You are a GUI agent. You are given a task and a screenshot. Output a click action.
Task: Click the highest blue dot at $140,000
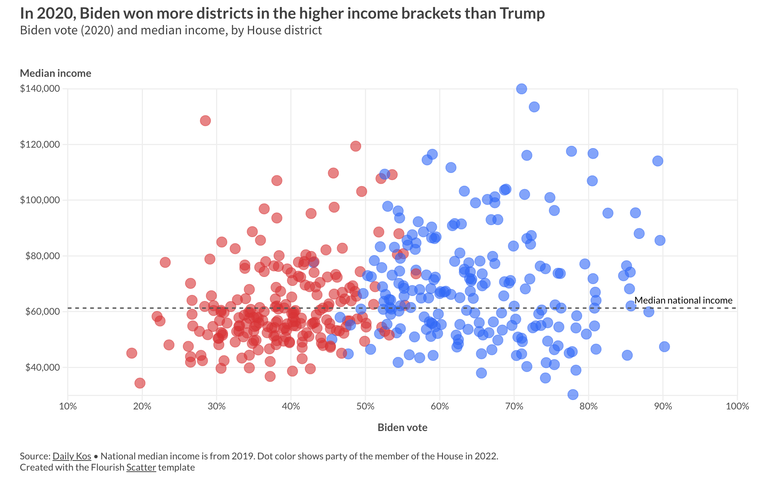coord(521,89)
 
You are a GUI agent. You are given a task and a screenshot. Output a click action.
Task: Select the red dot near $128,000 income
coord(205,120)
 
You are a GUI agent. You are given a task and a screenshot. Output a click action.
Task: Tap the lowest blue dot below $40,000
coord(573,394)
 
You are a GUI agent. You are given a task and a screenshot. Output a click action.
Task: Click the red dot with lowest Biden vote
coord(132,353)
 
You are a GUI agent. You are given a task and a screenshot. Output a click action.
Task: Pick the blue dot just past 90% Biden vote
coord(664,346)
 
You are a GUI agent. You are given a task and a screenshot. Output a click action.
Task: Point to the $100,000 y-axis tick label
coord(40,200)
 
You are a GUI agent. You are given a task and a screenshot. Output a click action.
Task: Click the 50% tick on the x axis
coord(365,406)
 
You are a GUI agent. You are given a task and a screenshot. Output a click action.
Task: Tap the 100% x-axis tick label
coord(737,406)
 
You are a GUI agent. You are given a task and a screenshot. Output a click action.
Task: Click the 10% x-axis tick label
coord(68,406)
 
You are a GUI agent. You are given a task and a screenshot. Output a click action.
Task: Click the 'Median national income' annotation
coord(683,300)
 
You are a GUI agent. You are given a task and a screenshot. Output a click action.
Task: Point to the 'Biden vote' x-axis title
coord(402,427)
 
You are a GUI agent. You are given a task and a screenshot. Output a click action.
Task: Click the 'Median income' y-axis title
coord(56,73)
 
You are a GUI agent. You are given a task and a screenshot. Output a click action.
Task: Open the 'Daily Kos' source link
coord(72,456)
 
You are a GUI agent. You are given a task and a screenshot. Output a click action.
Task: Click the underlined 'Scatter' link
coord(141,467)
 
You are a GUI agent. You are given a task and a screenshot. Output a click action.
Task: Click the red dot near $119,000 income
coord(356,146)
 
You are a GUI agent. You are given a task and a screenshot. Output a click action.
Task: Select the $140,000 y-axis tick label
coord(40,89)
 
